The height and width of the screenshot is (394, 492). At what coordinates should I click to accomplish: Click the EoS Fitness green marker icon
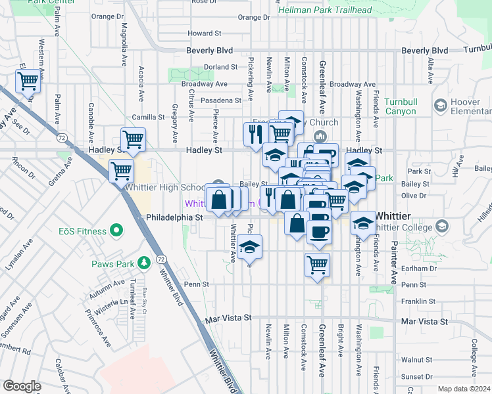[x=116, y=230]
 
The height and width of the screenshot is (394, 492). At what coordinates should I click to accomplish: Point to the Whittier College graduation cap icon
[x=442, y=226]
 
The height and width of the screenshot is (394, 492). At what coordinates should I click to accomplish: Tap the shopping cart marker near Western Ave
[x=28, y=81]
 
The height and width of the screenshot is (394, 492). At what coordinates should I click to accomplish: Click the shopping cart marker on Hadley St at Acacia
[x=133, y=139]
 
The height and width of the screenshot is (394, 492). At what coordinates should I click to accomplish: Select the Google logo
[x=22, y=386]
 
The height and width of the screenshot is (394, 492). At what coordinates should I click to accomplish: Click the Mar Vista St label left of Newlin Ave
[x=228, y=318]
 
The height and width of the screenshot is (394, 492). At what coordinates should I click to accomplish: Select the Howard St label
[x=205, y=33]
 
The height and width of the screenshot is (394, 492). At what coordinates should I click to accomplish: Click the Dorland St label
[x=220, y=67]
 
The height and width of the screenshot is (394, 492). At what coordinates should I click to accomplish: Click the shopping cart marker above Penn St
[x=317, y=264]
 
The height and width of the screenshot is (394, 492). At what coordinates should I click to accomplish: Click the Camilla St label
[x=147, y=117]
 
